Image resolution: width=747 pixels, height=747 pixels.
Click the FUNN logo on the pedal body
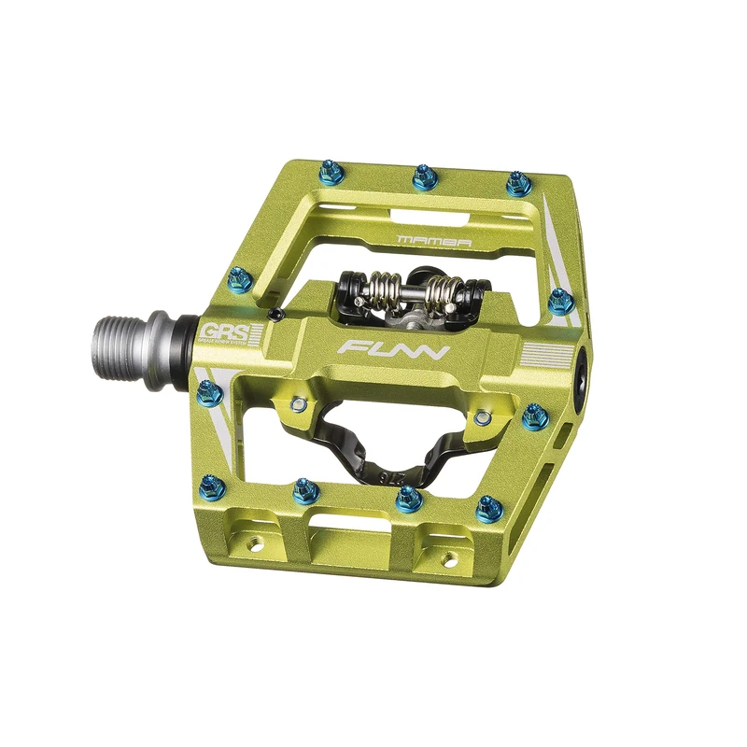[394, 352]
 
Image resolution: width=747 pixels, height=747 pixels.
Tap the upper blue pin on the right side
[559, 301]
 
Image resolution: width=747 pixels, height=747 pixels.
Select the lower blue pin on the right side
[534, 416]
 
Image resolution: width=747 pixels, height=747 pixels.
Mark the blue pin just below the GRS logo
[210, 394]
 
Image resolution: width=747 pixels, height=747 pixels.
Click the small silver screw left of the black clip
[298, 404]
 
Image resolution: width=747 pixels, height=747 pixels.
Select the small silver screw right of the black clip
[483, 416]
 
